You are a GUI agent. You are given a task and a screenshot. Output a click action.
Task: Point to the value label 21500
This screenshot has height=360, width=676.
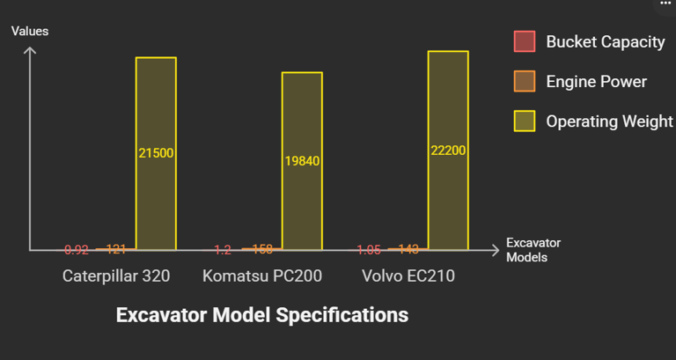tap(156, 153)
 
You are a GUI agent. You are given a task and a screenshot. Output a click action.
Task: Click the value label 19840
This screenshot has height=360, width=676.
tap(302, 161)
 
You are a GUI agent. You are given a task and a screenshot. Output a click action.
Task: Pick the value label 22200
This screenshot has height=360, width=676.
tap(448, 151)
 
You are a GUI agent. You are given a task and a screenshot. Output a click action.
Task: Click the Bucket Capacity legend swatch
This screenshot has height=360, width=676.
tap(525, 42)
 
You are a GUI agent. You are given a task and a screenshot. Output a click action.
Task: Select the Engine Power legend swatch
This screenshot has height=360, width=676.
tap(525, 82)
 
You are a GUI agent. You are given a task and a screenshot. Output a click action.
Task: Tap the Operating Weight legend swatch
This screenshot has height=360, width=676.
tap(525, 121)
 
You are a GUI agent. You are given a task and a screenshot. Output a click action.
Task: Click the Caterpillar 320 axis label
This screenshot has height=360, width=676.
tap(116, 276)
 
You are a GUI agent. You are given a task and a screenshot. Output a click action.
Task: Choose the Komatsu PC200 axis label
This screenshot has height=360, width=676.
tap(262, 276)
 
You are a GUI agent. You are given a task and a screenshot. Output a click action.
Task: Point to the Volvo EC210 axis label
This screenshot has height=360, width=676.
tap(408, 276)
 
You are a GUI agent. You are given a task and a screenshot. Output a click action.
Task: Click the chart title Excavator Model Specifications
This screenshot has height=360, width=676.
tap(262, 314)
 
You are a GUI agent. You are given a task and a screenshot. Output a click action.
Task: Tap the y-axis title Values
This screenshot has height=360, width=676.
tap(30, 31)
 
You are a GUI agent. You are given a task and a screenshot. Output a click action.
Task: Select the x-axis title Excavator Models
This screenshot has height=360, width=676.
tap(533, 250)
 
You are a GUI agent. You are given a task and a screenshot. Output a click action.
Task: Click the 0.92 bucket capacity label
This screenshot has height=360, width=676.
tap(77, 249)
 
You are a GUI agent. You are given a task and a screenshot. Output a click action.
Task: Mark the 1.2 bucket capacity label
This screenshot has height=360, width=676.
tap(223, 249)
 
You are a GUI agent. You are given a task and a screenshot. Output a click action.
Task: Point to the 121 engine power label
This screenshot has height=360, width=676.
tap(116, 249)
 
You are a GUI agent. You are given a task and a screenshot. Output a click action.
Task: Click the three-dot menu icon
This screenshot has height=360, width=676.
tap(665, 4)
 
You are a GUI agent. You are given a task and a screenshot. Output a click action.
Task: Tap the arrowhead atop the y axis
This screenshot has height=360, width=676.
tap(30, 50)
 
